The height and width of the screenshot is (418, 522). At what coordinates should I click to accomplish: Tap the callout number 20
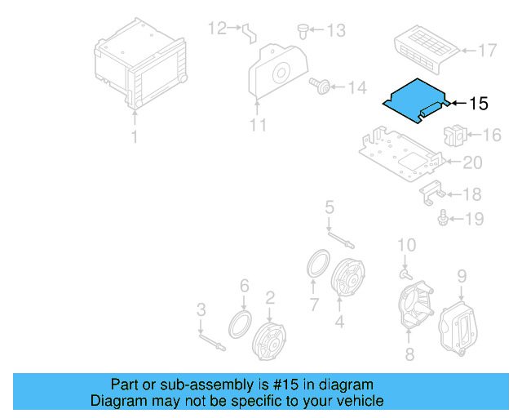pyautogui.click(x=472, y=163)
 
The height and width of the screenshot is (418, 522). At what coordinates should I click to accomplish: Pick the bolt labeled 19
pyautogui.click(x=443, y=219)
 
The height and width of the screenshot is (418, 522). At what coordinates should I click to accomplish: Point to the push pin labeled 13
pyautogui.click(x=303, y=30)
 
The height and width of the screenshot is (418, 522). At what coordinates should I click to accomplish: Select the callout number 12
pyautogui.click(x=216, y=29)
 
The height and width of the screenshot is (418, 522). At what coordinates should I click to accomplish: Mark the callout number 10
pyautogui.click(x=406, y=245)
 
